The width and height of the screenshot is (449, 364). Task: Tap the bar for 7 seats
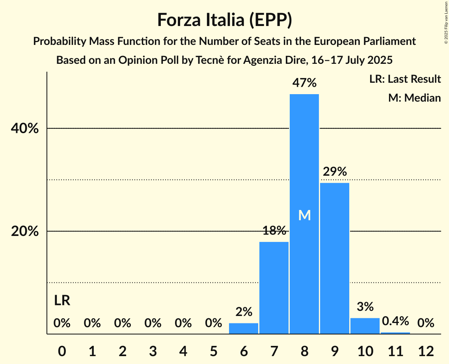point(274,288)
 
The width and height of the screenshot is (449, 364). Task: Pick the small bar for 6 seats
point(243,329)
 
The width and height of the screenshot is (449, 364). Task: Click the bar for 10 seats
point(365,326)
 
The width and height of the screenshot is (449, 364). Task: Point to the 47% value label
point(304,83)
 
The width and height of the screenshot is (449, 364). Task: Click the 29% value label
point(334,172)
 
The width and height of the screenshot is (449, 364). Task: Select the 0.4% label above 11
point(395,321)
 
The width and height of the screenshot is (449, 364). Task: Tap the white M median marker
point(304,215)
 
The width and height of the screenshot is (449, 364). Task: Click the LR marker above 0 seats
point(62,301)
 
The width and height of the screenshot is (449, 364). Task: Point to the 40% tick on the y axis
point(24,128)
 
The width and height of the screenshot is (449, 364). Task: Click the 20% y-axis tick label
point(24,231)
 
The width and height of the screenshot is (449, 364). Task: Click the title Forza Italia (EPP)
point(224,20)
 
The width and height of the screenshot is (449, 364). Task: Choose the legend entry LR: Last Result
point(405,79)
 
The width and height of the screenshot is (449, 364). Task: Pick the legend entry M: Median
point(414,98)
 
